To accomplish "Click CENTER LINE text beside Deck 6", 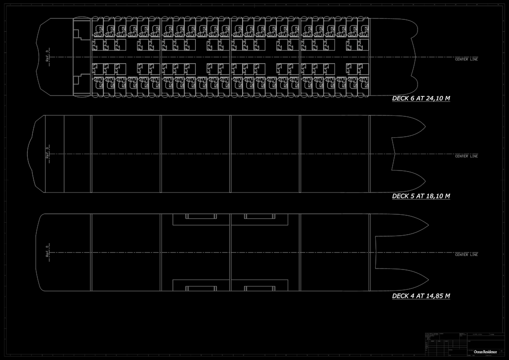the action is pos(466,59).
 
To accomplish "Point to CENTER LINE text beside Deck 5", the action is pos(466,156).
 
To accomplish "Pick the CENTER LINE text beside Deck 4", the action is pos(466,255).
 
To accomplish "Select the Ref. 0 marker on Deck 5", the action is pos(48,152).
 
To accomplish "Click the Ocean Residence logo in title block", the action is pos(485,352).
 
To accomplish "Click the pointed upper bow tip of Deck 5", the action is pos(425,127).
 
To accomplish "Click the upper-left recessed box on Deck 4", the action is pos(201,217).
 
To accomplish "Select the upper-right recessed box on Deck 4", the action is pos(259,217).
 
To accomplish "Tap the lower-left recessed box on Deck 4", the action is pos(201,287).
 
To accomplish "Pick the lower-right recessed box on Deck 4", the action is pos(259,287).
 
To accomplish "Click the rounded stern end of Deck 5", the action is pos(30,154).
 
